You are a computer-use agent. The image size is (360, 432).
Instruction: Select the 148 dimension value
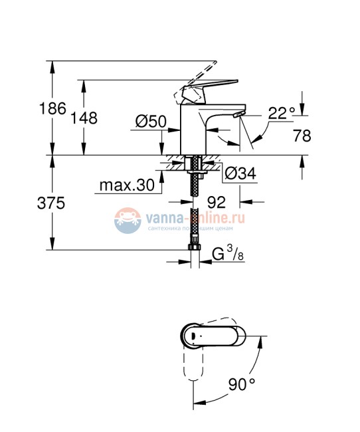(84, 118)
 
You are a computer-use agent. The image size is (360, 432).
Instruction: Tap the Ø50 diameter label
(150, 122)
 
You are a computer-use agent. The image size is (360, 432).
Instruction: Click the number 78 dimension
(302, 136)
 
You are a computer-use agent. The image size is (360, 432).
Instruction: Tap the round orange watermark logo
(127, 220)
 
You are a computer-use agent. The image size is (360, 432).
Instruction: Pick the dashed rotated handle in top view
(193, 369)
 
